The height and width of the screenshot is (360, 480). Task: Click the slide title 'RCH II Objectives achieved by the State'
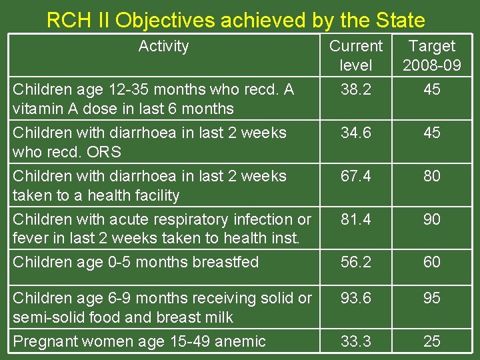(x=235, y=20)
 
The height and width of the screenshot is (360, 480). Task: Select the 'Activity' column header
(x=163, y=46)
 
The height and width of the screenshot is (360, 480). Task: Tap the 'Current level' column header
(x=356, y=55)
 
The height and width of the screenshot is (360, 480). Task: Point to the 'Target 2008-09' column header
(x=432, y=55)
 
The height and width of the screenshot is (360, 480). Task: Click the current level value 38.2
(x=356, y=89)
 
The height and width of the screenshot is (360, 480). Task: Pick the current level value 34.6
(x=356, y=133)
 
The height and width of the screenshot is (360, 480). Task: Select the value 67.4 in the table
(x=356, y=176)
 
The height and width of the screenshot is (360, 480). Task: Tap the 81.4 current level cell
(x=356, y=219)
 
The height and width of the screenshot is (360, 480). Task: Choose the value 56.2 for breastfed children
(x=356, y=262)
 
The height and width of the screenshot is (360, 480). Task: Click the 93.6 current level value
(x=356, y=299)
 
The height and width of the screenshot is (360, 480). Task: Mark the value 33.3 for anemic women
(x=356, y=341)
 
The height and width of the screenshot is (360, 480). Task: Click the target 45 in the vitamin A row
(x=432, y=89)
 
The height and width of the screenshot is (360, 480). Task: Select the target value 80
(x=432, y=176)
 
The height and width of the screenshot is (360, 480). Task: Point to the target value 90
(x=432, y=219)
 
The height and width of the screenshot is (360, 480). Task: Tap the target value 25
(x=432, y=341)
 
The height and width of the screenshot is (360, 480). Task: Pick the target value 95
(x=432, y=299)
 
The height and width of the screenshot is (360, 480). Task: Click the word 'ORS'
(x=106, y=152)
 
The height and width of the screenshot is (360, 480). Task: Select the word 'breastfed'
(x=226, y=262)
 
